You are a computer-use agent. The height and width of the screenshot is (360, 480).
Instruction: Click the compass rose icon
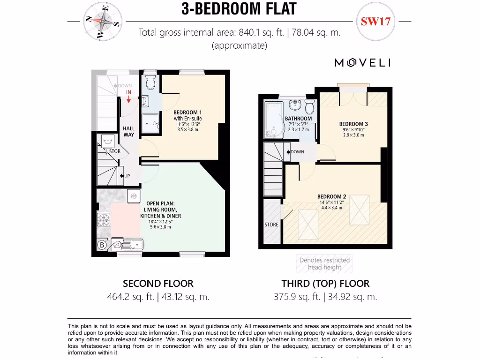[x=103, y=21]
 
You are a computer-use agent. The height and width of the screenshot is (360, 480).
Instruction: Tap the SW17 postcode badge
[x=375, y=22]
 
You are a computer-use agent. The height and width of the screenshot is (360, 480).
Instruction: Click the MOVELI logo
[x=362, y=63]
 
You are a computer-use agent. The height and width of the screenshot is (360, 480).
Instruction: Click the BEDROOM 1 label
[x=187, y=112]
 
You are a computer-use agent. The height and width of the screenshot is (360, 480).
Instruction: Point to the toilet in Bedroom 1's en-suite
[x=150, y=82]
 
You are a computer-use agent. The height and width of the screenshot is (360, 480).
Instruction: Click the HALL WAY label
[x=128, y=132]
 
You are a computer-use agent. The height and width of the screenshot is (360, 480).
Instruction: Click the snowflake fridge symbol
[x=134, y=195]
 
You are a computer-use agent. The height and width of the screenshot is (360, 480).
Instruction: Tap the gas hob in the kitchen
[x=103, y=219]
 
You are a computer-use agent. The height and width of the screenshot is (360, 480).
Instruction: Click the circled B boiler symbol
[x=101, y=244]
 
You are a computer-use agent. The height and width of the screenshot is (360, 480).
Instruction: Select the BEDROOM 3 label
[x=353, y=124]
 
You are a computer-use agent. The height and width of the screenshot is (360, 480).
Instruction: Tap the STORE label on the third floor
[x=271, y=225]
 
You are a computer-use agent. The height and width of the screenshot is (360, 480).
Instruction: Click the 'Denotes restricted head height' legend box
[x=324, y=264]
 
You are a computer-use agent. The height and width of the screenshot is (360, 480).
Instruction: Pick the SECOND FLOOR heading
[x=158, y=284]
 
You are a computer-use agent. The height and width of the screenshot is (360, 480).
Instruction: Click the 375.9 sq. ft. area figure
[x=297, y=297]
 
